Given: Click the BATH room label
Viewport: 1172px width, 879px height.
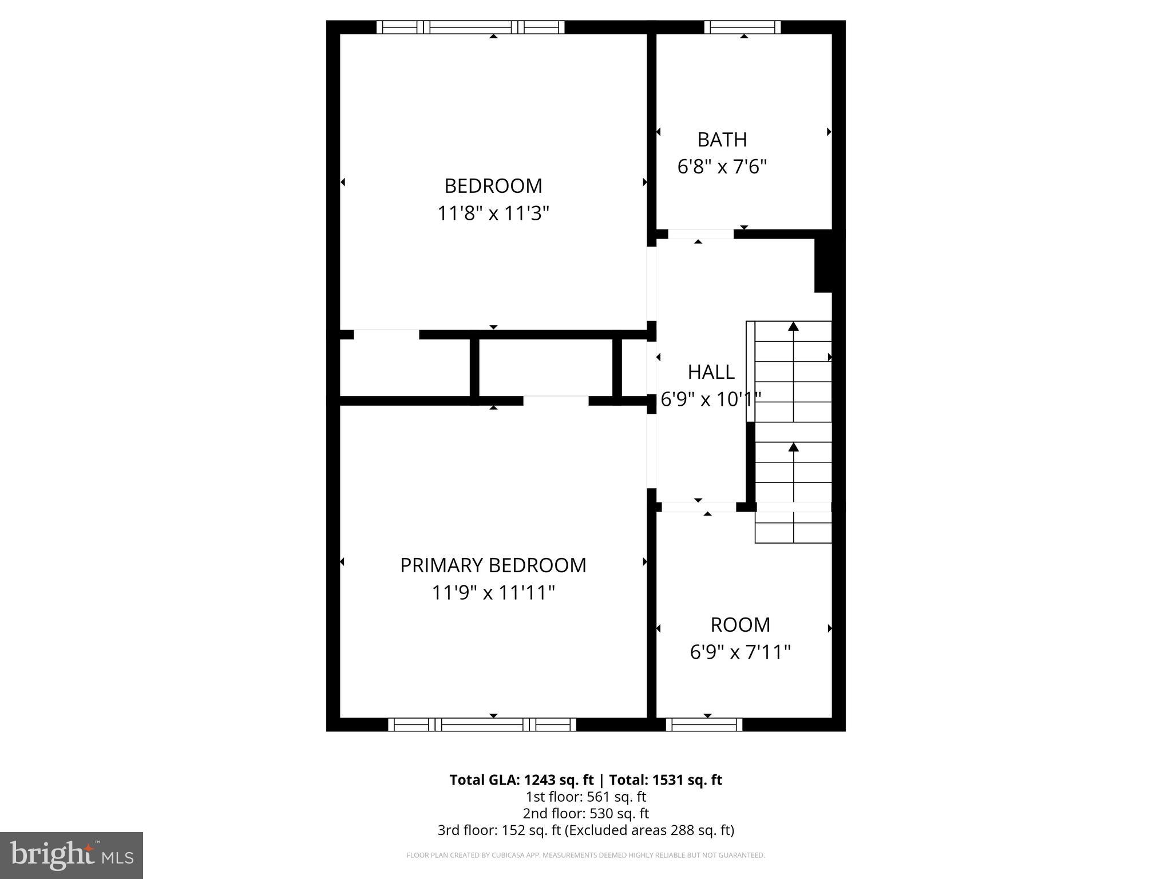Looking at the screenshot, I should pos(722,140).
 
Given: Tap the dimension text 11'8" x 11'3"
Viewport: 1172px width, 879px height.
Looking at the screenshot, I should pos(493,213).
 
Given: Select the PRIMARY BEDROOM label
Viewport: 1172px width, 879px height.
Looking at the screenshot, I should pos(493,565).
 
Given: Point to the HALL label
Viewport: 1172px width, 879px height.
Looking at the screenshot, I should pos(711,372).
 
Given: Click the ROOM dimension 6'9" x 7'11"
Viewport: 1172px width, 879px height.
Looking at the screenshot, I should pos(740,652).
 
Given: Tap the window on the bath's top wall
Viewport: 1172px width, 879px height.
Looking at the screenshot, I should pos(742,27).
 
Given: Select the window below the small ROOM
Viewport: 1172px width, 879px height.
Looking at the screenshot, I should pos(704,724).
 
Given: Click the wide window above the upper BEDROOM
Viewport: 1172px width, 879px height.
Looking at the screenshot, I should pos(470,27).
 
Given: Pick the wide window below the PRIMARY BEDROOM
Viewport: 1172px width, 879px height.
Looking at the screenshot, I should pos(482,724).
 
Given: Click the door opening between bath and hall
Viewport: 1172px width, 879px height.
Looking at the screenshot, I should pos(700,234).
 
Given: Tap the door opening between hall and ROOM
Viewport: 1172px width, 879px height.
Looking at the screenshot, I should pos(699,507).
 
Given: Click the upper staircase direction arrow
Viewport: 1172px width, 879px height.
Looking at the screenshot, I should pos(793,326).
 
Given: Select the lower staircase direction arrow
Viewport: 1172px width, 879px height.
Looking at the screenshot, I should pos(793,447).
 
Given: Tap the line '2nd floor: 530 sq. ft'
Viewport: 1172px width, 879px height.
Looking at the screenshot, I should pos(585,813).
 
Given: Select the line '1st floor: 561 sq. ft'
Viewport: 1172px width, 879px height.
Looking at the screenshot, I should pos(585,797).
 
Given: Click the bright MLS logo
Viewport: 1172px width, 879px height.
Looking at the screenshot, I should pos(72,855).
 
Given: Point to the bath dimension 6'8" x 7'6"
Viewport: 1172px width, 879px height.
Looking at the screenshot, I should pos(722,167).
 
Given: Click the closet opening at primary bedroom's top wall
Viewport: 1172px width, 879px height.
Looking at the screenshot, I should pos(556,401).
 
